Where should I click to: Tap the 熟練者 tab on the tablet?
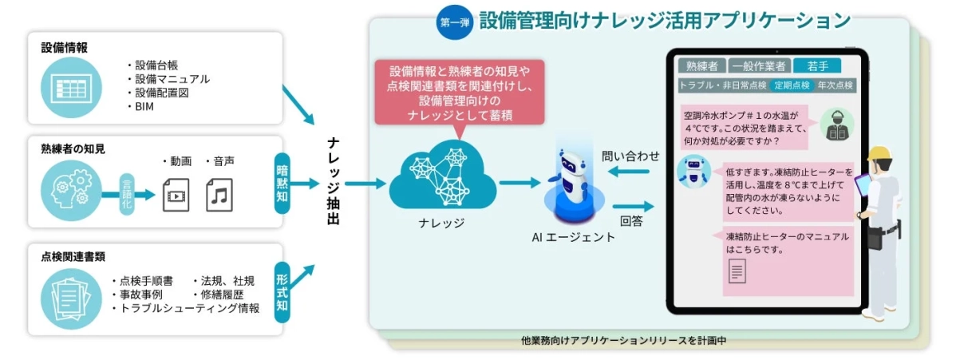(701, 66)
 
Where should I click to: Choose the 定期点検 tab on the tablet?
(792, 85)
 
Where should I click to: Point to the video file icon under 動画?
(176, 194)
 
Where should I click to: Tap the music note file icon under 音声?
(219, 194)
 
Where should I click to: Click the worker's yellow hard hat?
(879, 154)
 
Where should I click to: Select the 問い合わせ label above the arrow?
(631, 156)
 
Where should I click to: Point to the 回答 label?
(630, 221)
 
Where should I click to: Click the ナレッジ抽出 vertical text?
(334, 180)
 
